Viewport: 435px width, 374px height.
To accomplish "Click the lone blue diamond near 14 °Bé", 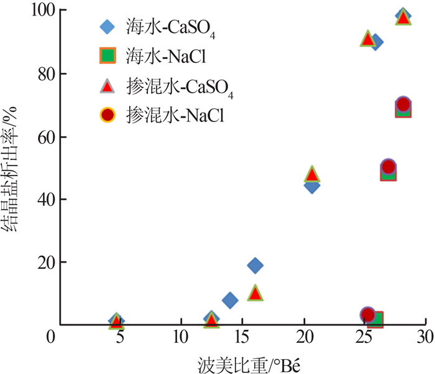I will (x=229, y=301).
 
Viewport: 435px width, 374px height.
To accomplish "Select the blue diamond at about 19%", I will (x=254, y=266).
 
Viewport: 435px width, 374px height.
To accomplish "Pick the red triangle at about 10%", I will (x=254, y=292).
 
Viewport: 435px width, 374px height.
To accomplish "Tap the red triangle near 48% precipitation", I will (x=312, y=175).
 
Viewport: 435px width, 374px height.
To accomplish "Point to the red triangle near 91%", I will (x=367, y=39).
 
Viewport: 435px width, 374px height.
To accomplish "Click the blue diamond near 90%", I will (x=376, y=42).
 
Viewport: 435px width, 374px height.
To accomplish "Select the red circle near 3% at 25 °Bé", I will (x=367, y=315).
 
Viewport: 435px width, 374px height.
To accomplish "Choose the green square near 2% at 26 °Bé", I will (x=375, y=320).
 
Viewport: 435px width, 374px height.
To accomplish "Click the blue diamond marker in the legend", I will (x=108, y=27).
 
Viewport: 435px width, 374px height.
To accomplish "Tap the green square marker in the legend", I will (x=108, y=55).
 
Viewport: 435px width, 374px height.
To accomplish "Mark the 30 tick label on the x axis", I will (x=426, y=337).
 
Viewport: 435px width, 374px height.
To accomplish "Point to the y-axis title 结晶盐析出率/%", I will (x=11, y=168).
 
